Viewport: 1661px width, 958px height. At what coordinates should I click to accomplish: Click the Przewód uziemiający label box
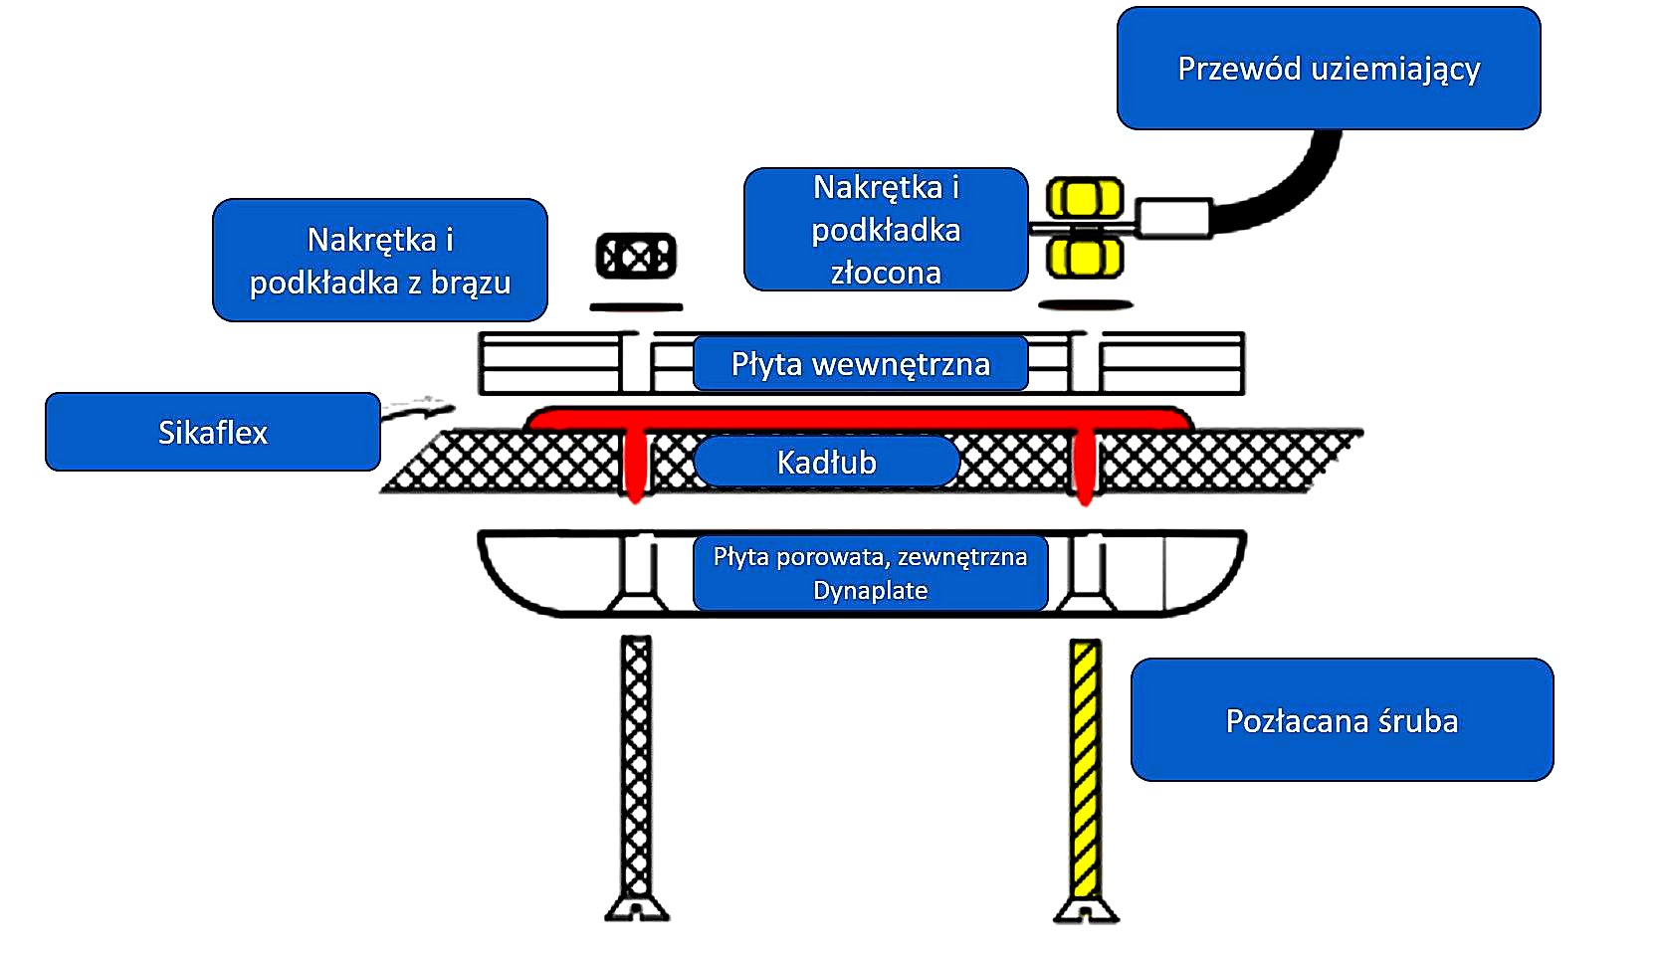(x=1328, y=69)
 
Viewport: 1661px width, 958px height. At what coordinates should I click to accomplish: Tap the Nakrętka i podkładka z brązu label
(x=379, y=261)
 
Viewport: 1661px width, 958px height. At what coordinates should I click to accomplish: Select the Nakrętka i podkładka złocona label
(x=885, y=230)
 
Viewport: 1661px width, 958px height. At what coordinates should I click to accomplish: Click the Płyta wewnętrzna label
(x=860, y=364)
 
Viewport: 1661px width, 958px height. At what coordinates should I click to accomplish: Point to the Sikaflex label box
(x=212, y=432)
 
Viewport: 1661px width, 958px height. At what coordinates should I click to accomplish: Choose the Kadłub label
(x=826, y=462)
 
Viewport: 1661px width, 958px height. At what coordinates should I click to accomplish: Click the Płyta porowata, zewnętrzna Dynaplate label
(x=870, y=573)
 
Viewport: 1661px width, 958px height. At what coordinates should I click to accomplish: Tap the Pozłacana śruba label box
(x=1342, y=720)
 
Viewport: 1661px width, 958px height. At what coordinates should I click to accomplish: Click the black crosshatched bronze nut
(x=636, y=257)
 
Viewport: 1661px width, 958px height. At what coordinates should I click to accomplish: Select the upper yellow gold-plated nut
(x=1086, y=198)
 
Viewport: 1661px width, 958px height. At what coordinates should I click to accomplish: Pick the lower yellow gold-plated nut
(x=1085, y=257)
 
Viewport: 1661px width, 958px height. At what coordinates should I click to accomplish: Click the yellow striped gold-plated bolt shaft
(x=1086, y=766)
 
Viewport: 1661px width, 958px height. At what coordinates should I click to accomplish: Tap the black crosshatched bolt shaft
(x=636, y=766)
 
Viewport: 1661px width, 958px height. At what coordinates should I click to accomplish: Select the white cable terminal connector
(x=1174, y=218)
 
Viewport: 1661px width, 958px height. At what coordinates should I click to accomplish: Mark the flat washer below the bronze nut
(x=636, y=306)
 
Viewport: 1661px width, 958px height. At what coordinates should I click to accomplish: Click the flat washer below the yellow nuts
(x=1085, y=305)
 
